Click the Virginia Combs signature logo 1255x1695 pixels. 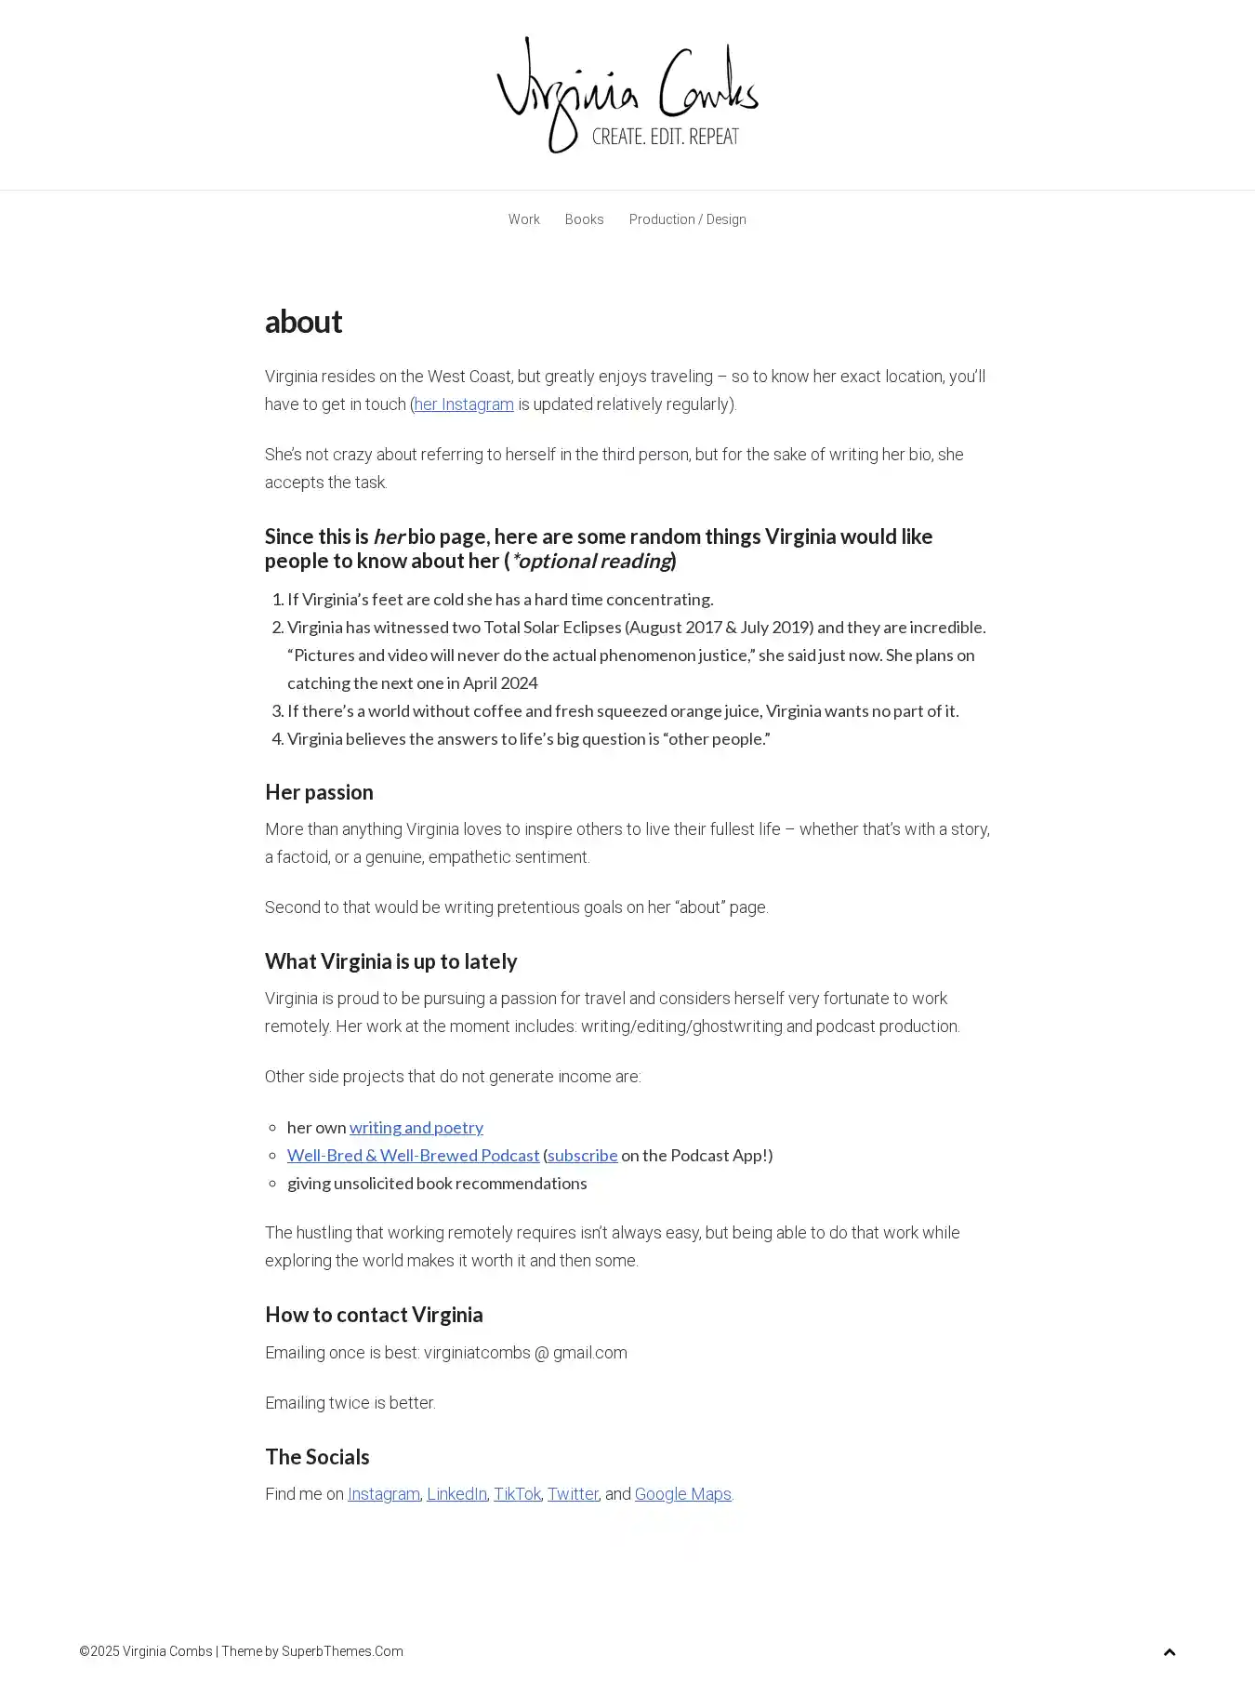(x=627, y=95)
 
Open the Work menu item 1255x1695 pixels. (x=523, y=219)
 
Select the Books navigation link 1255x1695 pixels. (x=584, y=219)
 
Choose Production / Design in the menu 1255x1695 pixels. (x=687, y=219)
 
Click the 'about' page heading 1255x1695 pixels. (x=303, y=322)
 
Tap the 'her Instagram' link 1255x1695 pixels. (x=464, y=404)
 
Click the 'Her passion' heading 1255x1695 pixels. (x=319, y=792)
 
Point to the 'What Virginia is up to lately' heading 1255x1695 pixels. (x=390, y=961)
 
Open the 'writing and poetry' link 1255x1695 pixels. (x=416, y=1128)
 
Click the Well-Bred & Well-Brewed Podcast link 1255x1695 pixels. (x=413, y=1156)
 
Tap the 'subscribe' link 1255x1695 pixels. (x=582, y=1156)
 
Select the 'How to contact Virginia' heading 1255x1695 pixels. (x=374, y=1315)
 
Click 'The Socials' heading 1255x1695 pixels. (x=317, y=1457)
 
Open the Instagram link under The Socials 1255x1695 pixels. (x=383, y=1494)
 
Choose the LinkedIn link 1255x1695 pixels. (x=456, y=1494)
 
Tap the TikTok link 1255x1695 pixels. (x=517, y=1494)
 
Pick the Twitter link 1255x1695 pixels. (x=573, y=1494)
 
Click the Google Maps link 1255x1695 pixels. (x=682, y=1494)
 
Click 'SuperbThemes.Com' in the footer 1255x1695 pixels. (x=342, y=1651)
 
